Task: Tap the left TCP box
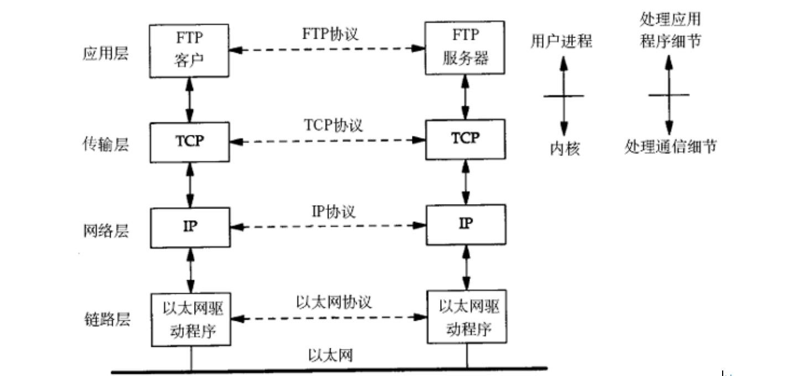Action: pyautogui.click(x=190, y=142)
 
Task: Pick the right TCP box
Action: pyautogui.click(x=465, y=138)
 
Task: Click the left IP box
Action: pyautogui.click(x=190, y=227)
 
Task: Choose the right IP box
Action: pyautogui.click(x=465, y=224)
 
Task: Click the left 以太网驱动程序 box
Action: pyautogui.click(x=190, y=320)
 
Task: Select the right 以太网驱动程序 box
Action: pyautogui.click(x=465, y=320)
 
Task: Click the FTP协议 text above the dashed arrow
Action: pyautogui.click(x=330, y=34)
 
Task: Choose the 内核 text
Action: pyautogui.click(x=564, y=148)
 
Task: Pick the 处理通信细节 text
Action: pyautogui.click(x=670, y=147)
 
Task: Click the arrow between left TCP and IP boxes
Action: pyautogui.click(x=190, y=185)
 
